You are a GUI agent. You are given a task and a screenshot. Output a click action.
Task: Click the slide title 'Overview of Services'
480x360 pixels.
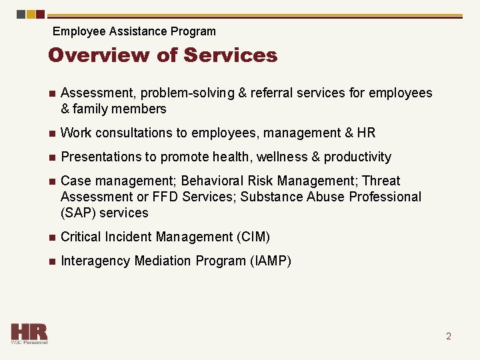click(163, 55)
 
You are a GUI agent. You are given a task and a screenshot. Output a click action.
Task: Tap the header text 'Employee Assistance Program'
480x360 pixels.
click(134, 31)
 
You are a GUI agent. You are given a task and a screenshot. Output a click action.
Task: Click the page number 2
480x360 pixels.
click(449, 336)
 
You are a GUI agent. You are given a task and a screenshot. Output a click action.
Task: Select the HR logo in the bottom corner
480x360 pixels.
click(29, 333)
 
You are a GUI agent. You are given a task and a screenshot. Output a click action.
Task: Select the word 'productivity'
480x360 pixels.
click(357, 157)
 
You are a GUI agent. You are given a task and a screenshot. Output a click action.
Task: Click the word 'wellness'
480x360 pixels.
click(278, 157)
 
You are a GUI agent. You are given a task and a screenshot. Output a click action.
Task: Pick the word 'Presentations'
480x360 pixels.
click(99, 157)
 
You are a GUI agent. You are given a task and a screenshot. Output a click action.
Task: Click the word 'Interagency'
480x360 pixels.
click(95, 261)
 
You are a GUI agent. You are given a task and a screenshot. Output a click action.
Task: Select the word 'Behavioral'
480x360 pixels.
click(213, 181)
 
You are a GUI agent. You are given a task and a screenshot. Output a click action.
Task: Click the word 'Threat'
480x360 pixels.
click(381, 181)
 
